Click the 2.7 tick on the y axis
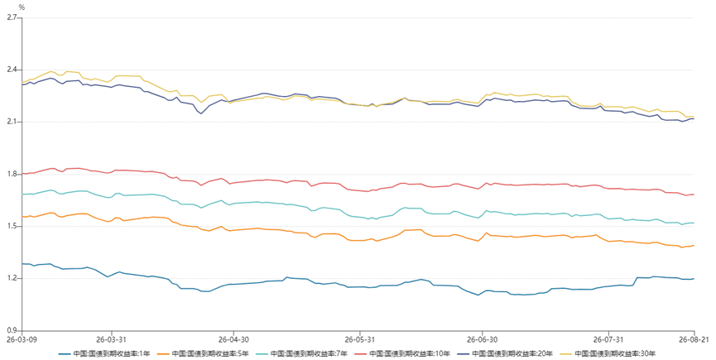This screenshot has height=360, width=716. tap(12, 18)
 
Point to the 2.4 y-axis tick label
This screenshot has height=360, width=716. tap(12, 70)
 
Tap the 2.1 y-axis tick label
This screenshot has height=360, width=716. tap(12, 122)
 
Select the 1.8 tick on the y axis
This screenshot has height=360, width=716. tap(12, 174)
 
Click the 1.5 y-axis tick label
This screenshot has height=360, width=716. tap(12, 226)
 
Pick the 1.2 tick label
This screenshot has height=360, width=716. tap(12, 278)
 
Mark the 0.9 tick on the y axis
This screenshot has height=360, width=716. tap(12, 330)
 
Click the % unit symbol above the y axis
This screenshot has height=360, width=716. tap(22, 7)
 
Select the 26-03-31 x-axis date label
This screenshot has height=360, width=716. tap(111, 339)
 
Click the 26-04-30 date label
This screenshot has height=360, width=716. tap(233, 339)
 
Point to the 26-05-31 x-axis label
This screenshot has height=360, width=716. tap(359, 339)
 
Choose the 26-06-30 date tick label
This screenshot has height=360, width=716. tap(482, 339)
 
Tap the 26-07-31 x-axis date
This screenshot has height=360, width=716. tap(608, 339)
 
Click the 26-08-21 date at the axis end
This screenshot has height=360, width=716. tap(695, 339)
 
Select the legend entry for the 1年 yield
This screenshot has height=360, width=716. tap(104, 353)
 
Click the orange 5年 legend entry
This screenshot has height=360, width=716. tap(203, 353)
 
